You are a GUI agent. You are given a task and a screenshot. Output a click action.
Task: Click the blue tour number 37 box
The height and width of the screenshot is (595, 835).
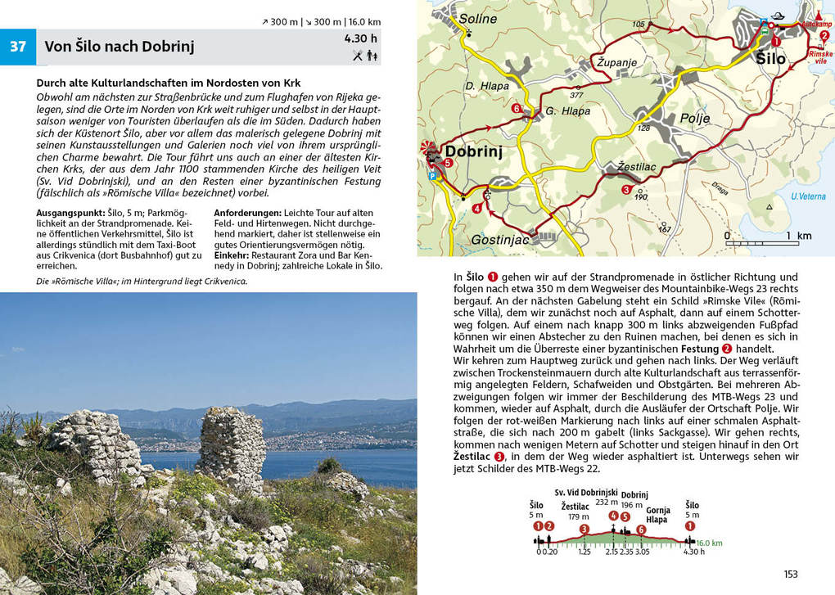click(18, 47)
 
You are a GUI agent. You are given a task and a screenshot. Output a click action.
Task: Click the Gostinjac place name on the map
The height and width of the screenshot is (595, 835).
click(500, 240)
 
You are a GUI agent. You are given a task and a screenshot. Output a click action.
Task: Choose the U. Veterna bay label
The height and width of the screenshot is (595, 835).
click(808, 196)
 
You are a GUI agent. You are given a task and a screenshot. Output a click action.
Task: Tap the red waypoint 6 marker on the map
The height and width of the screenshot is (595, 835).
click(517, 108)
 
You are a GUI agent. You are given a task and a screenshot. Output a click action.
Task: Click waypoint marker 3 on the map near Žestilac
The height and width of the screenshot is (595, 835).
click(626, 190)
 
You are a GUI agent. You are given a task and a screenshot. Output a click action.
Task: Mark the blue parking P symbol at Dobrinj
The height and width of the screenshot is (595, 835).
click(432, 175)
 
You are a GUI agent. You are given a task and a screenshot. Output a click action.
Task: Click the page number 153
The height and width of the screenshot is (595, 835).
click(790, 575)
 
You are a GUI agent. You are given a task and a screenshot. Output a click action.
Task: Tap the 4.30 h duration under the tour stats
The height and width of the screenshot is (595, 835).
click(361, 38)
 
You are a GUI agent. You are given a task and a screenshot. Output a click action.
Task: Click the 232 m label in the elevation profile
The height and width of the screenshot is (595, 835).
click(607, 503)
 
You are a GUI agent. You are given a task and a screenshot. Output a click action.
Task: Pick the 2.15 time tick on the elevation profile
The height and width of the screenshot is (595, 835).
click(612, 552)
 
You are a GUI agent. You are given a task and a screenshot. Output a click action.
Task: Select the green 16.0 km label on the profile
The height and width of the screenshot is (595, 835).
click(709, 542)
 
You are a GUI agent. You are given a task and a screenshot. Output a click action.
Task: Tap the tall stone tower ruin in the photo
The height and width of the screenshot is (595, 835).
click(232, 446)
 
